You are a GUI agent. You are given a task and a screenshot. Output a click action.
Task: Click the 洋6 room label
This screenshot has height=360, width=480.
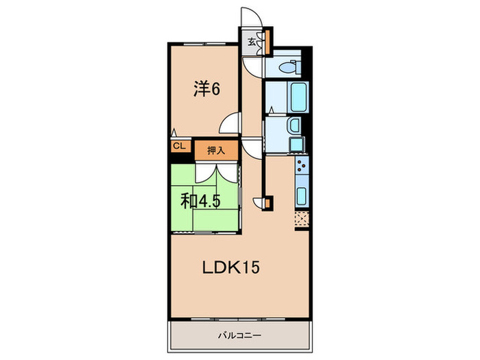(206, 88)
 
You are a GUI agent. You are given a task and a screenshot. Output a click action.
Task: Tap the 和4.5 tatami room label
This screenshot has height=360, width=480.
(200, 201)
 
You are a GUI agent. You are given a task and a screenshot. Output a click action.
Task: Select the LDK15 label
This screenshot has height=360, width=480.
(231, 267)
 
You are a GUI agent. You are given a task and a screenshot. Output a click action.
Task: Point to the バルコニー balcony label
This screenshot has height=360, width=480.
(239, 335)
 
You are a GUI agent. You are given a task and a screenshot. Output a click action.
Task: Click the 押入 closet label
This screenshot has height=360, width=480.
(216, 150)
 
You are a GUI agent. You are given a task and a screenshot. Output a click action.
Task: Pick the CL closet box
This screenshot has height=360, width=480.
(180, 146)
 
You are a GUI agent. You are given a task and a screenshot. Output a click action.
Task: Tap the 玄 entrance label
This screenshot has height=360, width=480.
(252, 42)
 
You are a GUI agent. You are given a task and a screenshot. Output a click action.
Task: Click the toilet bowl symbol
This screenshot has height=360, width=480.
(290, 67)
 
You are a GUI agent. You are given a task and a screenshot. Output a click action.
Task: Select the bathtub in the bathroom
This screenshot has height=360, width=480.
(298, 97)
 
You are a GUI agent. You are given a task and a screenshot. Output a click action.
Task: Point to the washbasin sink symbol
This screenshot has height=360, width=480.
(294, 125)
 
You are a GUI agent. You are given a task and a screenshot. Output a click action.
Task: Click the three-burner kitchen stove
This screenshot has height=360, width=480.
(302, 165)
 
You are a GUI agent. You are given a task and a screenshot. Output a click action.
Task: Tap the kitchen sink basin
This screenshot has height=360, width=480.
(302, 196)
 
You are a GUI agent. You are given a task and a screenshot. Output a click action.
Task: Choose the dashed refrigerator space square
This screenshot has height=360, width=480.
(302, 219)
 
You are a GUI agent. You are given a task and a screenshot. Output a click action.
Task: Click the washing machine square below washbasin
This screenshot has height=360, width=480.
(296, 144)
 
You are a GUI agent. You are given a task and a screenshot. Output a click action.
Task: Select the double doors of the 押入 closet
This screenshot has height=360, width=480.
(217, 173)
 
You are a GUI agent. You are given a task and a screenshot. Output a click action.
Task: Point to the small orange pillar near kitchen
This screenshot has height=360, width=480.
(267, 203)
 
